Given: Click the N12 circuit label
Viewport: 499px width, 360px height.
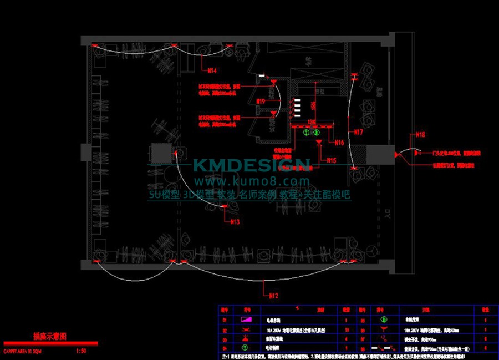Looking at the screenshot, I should coord(273,294).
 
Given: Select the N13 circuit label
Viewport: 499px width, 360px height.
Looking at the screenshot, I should coord(235,221).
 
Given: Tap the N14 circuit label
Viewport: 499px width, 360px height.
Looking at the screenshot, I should coord(212,70).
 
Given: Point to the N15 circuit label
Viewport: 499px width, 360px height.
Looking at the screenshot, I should coord(331,160).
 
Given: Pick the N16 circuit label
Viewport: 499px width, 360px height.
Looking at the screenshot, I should coord(339,143).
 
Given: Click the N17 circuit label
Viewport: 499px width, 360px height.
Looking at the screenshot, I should coord(358,132).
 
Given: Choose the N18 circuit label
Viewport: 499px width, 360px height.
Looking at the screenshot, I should coord(421,134).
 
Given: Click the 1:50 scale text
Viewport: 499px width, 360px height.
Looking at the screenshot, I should coord(80,351).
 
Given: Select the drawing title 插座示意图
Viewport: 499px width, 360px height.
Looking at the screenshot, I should coord(50,336).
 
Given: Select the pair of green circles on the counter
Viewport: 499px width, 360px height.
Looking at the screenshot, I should coord(311,133).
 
